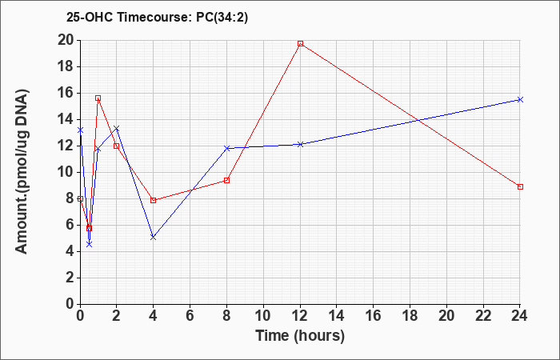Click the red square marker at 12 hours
coord(300,43)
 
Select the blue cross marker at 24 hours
coord(520,100)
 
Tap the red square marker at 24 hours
coord(520,186)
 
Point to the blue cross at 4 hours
coord(154,237)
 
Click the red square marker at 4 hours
coord(154,200)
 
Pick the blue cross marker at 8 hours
coord(226,148)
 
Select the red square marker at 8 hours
coord(226,180)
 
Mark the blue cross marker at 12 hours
coord(300,144)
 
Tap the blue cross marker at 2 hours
coord(117,128)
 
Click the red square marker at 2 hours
coord(117,146)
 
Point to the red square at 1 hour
coord(98,98)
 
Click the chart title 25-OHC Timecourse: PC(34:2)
coord(157,18)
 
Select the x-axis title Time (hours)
coord(300,336)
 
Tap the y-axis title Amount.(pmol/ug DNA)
coord(22,172)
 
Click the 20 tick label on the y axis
coord(66,40)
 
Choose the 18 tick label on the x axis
coord(410,316)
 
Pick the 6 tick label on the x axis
coord(190,316)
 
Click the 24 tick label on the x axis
coord(520,316)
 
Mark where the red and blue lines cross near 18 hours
coord(418,121)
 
